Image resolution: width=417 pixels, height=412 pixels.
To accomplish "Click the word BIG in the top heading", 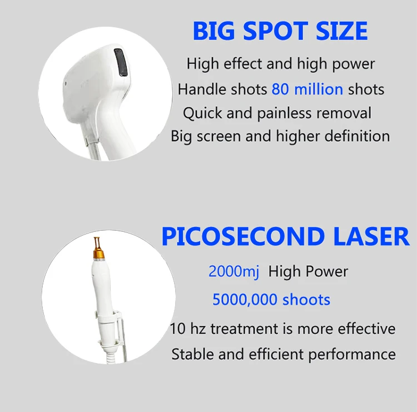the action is coord(214,31).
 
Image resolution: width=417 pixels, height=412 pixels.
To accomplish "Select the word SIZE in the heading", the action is coord(342,31).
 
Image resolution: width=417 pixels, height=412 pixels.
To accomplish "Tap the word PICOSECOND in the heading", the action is coord(243,236).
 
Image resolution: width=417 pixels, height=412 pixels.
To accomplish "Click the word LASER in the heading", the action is coord(371,236).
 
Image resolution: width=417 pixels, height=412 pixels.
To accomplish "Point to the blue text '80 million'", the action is coord(307,89).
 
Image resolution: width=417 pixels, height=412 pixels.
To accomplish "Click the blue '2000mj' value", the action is coord(234,272).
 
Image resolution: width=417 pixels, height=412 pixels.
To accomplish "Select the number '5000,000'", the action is coord(245,300).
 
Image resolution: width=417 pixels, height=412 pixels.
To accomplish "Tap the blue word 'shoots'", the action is coord(306,300).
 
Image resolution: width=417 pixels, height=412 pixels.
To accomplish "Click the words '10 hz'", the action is coord(188,329).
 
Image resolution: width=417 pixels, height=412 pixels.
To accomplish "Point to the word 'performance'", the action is coord(352,355).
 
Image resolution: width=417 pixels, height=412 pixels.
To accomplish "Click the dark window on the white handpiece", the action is coord(121,63).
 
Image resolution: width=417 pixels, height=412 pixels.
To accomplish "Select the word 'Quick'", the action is coord(202,113).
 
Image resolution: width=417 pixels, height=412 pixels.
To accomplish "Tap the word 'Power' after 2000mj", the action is coord(327,272).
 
